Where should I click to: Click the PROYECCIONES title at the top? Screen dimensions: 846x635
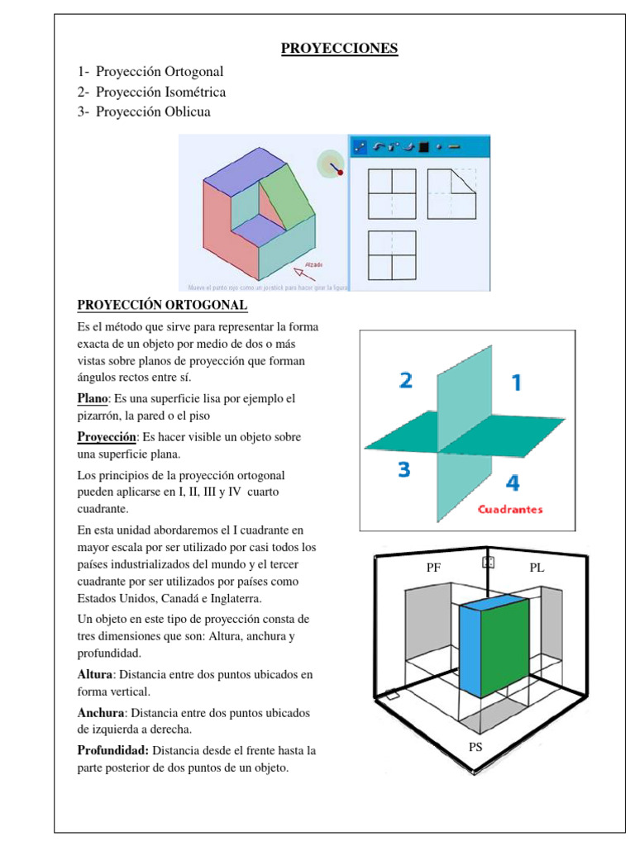coord(339,48)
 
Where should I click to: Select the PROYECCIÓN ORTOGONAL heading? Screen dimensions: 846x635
coord(161,306)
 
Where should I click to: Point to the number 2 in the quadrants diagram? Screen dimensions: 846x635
coord(406,381)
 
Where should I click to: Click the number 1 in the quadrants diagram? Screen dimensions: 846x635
coord(516,383)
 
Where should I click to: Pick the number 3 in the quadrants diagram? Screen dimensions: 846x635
coord(403,470)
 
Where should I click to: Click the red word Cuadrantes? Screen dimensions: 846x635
coord(510,509)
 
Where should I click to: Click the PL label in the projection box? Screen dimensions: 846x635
coord(537,568)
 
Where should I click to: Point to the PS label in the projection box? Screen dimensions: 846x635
coord(475,746)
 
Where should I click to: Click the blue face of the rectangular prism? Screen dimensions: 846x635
coord(470,650)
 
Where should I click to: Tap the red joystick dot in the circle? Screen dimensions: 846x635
coord(340,173)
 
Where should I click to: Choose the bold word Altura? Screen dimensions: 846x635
coord(93,674)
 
